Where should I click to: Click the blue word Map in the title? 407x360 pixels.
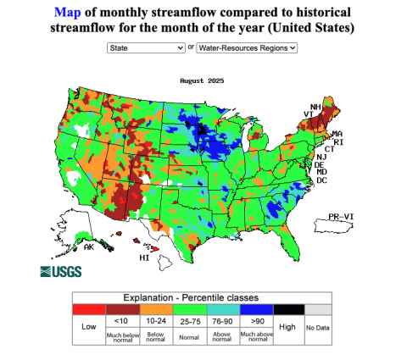pos(69,14)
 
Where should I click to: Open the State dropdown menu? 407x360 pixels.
pos(146,48)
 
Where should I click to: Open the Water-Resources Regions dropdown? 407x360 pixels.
pos(247,48)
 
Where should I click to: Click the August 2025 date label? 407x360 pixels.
pos(204,80)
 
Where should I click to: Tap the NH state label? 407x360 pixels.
pos(315,108)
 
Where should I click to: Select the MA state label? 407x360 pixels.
pos(336,134)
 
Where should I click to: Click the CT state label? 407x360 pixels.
pos(327,149)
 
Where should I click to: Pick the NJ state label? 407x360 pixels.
pos(321,157)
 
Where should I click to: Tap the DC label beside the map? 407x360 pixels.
pos(321,180)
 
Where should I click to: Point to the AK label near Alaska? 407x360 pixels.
pos(88,246)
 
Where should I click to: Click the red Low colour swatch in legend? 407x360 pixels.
pos(88,309)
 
